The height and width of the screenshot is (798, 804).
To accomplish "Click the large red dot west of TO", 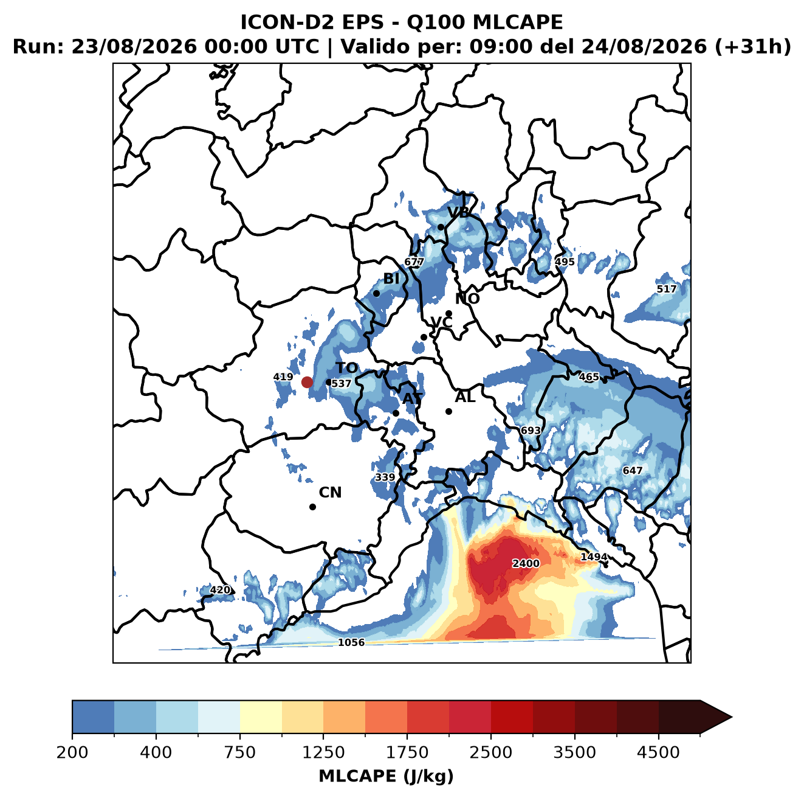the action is (x=307, y=382).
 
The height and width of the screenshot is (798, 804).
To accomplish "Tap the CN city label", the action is (x=330, y=493).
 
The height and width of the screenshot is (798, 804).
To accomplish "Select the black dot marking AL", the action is (x=448, y=411).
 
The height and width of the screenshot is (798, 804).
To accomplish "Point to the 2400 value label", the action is (x=526, y=563).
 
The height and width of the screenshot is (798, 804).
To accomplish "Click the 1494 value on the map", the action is (x=594, y=557).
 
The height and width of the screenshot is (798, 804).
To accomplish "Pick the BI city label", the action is (x=391, y=279).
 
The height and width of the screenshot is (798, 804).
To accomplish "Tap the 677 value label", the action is (x=414, y=262).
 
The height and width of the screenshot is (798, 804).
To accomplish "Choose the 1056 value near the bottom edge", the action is (x=351, y=642).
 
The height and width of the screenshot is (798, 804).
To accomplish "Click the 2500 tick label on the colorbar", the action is (x=490, y=752).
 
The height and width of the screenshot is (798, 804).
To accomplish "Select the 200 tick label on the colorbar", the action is (x=72, y=752).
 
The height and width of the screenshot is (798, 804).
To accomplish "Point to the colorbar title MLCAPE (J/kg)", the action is (x=386, y=776).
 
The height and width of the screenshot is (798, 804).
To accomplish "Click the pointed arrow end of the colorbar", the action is (x=732, y=717).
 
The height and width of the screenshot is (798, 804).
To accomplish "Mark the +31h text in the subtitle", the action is (x=752, y=47).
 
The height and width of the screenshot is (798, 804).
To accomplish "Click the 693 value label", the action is (x=531, y=430).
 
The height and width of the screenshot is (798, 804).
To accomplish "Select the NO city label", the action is (x=467, y=299).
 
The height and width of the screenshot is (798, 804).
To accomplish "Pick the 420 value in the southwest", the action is (x=220, y=589).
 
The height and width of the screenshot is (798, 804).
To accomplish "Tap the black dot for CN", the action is (x=312, y=507).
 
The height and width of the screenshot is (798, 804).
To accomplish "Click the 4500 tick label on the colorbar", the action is (x=658, y=752).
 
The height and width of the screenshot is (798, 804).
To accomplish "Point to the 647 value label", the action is (x=633, y=471).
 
